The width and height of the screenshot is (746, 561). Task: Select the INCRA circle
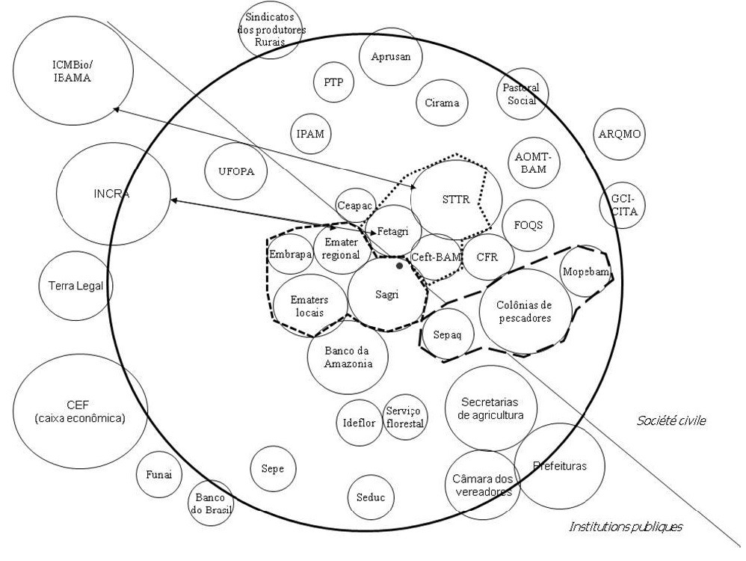[x=112, y=193]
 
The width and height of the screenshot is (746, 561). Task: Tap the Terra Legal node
[x=75, y=285]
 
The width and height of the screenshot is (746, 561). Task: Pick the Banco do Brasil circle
[x=209, y=503]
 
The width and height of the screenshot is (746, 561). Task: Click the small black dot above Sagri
[x=400, y=266]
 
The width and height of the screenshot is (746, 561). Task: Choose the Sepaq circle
[x=447, y=334]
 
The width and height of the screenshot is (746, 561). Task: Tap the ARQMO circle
[x=620, y=134]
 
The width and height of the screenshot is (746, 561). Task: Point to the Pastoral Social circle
[x=521, y=95]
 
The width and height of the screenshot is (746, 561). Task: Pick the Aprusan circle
[x=390, y=58]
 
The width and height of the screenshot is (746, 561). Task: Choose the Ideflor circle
[x=359, y=421]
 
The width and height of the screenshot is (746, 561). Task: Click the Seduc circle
[x=371, y=496]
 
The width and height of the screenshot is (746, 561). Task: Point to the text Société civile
[x=672, y=421]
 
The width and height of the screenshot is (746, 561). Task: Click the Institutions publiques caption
[x=626, y=527]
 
